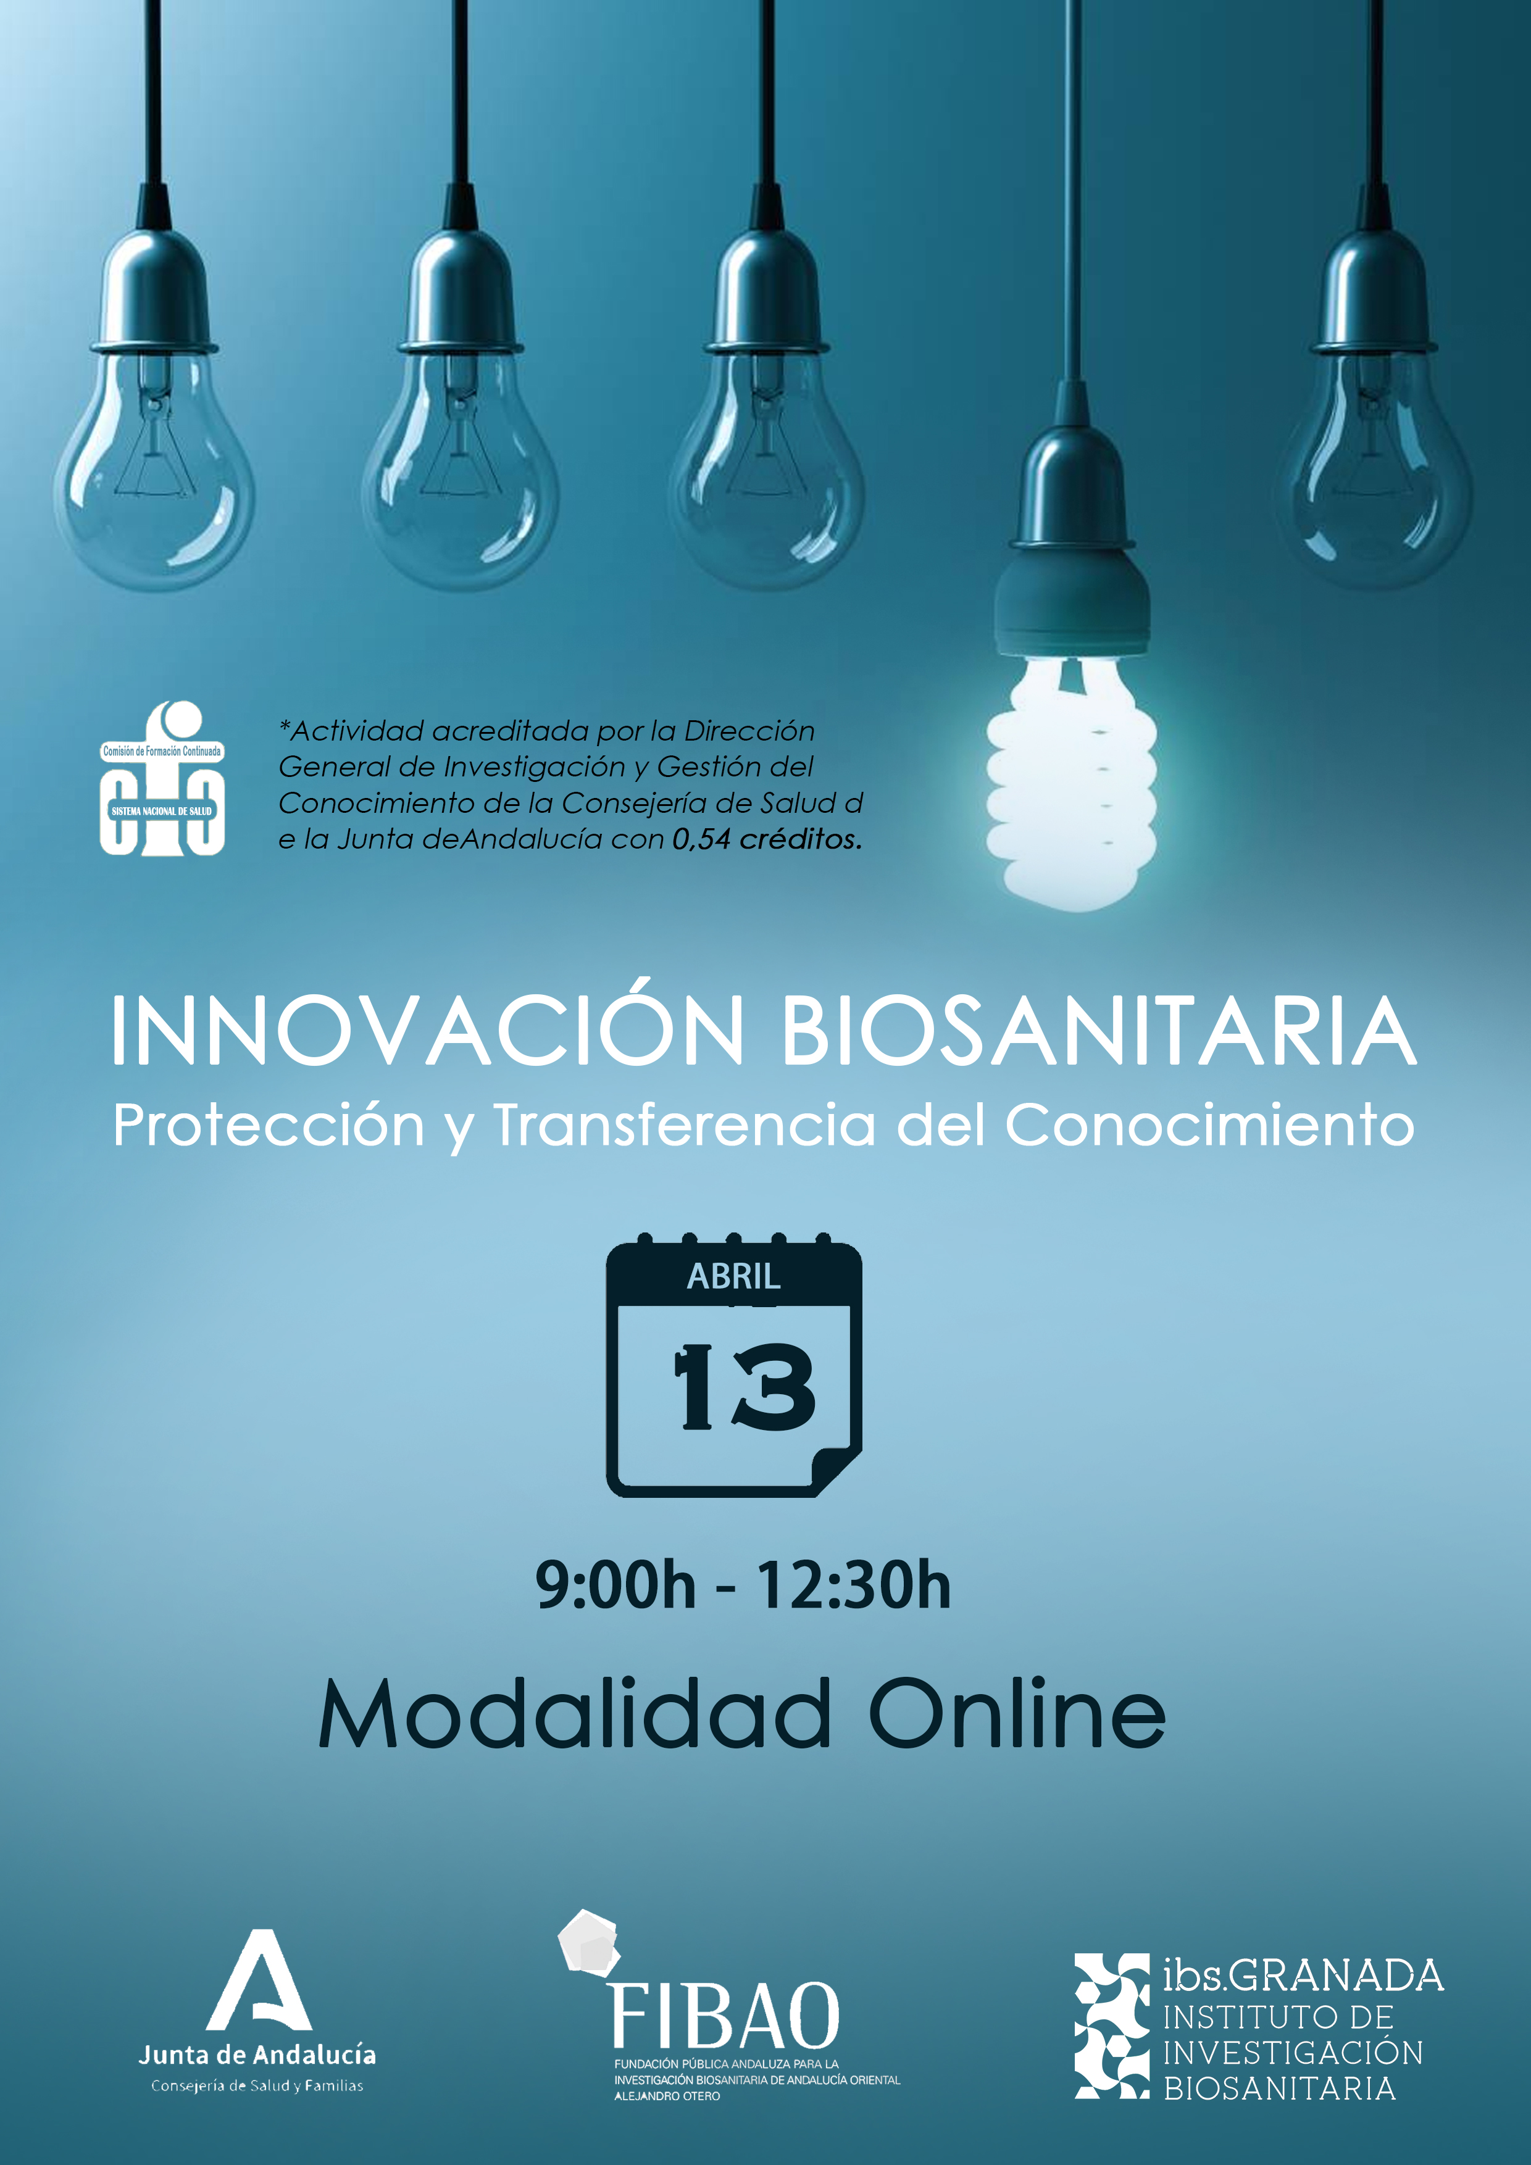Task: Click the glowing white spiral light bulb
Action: (x=1072, y=783)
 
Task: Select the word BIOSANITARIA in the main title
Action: (x=1099, y=1031)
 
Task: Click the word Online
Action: (x=1017, y=1713)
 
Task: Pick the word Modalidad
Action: (x=575, y=1713)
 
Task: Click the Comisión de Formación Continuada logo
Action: (x=162, y=778)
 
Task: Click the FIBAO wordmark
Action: (x=725, y=2015)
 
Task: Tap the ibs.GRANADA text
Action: (x=1303, y=1974)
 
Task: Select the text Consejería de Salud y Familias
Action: (x=257, y=2086)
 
